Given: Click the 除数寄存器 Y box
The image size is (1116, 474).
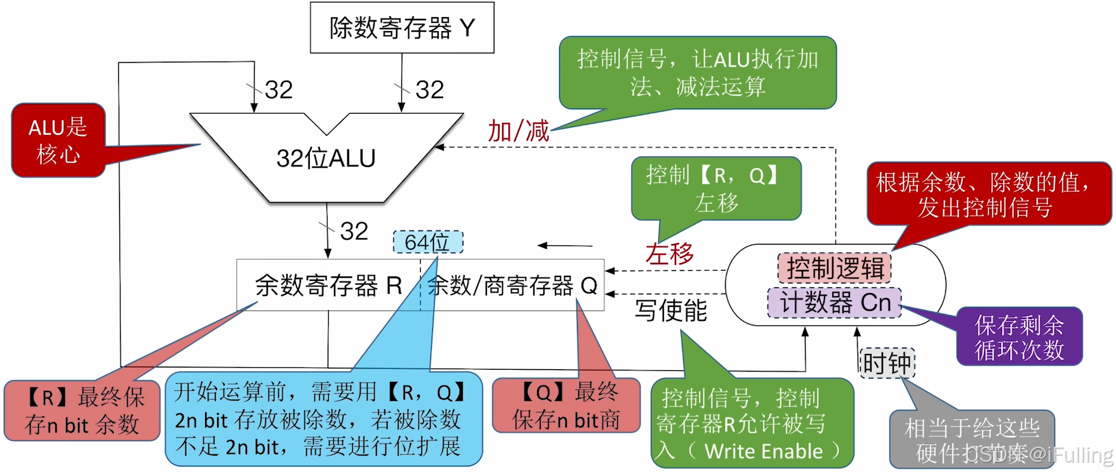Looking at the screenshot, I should (402, 27).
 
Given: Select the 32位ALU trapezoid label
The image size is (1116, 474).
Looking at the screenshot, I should (326, 158).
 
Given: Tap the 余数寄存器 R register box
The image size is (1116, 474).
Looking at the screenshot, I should (328, 285).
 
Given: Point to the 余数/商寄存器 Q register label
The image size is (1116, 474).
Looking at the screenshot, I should (512, 285).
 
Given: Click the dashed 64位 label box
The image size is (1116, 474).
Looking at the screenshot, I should (427, 242).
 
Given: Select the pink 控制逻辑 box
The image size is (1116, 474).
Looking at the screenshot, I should (835, 268).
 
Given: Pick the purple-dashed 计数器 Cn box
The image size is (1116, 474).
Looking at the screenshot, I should (834, 302).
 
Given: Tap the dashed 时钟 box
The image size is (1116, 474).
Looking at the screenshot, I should (887, 363).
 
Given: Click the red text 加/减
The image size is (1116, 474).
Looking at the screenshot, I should (518, 131).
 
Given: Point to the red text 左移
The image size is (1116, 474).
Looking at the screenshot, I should (669, 254).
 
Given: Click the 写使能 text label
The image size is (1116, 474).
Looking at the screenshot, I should (670, 310).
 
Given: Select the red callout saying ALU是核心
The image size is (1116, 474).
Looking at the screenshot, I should (58, 140).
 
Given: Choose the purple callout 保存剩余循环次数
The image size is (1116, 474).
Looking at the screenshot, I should (1019, 337).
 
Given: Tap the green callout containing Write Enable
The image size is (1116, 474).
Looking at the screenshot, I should (752, 424).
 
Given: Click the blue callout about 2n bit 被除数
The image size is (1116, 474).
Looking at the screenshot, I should (323, 419).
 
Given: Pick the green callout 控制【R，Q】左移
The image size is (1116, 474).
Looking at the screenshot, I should (715, 189).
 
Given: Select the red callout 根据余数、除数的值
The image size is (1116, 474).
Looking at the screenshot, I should (988, 194).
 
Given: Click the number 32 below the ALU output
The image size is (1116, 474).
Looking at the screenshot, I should (354, 231).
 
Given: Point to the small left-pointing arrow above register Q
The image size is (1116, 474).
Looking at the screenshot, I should (564, 245).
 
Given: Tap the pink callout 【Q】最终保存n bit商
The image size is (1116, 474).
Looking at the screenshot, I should (566, 405).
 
